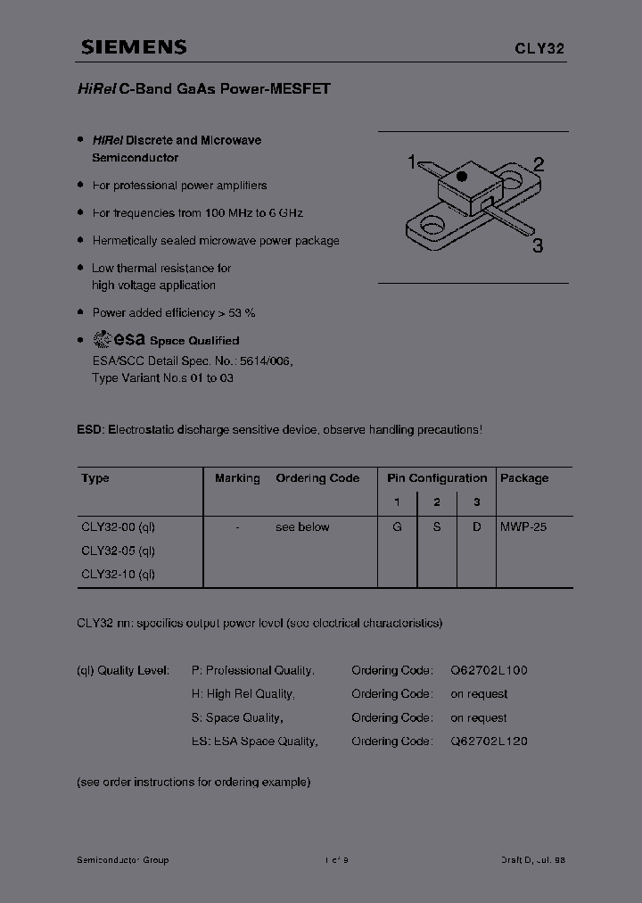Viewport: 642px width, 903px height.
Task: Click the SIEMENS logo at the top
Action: pyautogui.click(x=134, y=48)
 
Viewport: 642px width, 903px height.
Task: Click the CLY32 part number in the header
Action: pyautogui.click(x=539, y=50)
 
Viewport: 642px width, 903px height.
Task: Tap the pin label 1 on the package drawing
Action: pyautogui.click(x=412, y=162)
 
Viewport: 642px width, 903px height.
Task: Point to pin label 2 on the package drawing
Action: pyautogui.click(x=539, y=163)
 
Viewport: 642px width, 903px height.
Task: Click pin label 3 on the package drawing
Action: pyautogui.click(x=537, y=246)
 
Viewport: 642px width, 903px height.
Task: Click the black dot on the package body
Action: pyautogui.click(x=462, y=177)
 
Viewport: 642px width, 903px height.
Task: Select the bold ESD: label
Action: pyautogui.click(x=90, y=429)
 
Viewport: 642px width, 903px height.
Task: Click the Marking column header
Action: pyautogui.click(x=237, y=478)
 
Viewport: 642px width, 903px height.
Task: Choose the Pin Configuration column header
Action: pyautogui.click(x=437, y=478)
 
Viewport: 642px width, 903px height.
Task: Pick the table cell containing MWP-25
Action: pyautogui.click(x=523, y=527)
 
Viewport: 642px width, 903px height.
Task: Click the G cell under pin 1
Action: pyautogui.click(x=397, y=527)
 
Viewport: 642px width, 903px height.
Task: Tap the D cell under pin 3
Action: pyautogui.click(x=477, y=527)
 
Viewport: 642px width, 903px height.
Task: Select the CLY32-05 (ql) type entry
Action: pyautogui.click(x=118, y=551)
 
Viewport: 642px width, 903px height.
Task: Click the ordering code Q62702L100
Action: pyautogui.click(x=489, y=670)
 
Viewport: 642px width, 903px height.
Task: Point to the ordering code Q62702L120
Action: pyautogui.click(x=489, y=741)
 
